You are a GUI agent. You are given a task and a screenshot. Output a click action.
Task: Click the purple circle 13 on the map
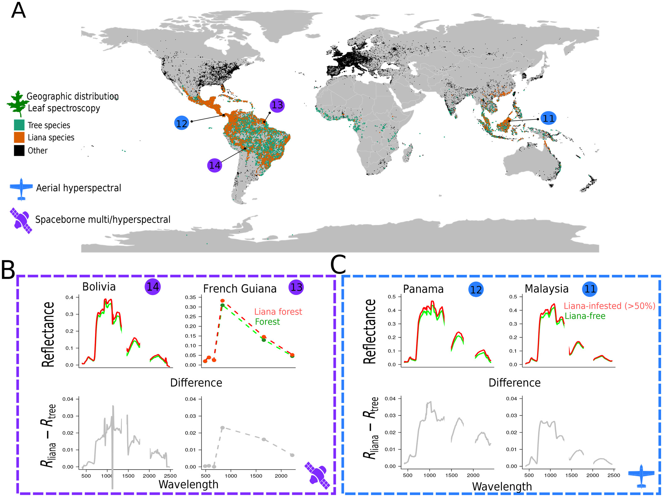pyautogui.click(x=277, y=105)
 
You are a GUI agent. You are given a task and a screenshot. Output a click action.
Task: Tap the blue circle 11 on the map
pyautogui.click(x=548, y=118)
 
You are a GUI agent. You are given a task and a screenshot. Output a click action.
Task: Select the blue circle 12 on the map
pyautogui.click(x=182, y=123)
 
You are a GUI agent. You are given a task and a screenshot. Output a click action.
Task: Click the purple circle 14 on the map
pyautogui.click(x=215, y=165)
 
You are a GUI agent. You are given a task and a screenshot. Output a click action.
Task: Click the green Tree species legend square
pyautogui.click(x=19, y=125)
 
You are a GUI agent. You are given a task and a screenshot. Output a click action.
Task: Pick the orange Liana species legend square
pyautogui.click(x=19, y=138)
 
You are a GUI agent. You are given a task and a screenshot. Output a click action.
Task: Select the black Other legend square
pyautogui.click(x=19, y=151)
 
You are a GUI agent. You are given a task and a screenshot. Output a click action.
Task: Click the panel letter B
pyautogui.click(x=8, y=270)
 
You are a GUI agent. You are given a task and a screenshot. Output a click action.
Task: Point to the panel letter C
pyautogui.click(x=338, y=265)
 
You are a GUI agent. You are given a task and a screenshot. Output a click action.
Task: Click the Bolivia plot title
pyautogui.click(x=99, y=287)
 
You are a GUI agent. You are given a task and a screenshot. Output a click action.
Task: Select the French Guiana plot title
pyautogui.click(x=240, y=289)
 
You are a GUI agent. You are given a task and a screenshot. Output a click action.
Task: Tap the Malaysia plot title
pyautogui.click(x=546, y=289)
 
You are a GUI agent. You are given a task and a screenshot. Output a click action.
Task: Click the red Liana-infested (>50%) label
pyautogui.click(x=609, y=306)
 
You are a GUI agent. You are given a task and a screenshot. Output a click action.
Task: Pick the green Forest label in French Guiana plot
pyautogui.click(x=267, y=322)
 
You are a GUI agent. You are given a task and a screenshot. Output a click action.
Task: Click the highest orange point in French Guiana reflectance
pyautogui.click(x=222, y=301)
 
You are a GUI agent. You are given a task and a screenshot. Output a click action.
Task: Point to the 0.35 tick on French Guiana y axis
pyautogui.click(x=190, y=297)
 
